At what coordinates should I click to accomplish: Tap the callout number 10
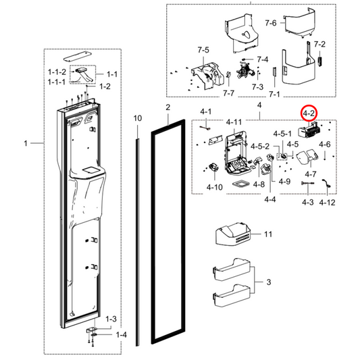tap(138, 119)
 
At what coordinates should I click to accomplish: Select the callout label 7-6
tap(270, 24)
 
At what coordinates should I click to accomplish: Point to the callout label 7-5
tap(203, 49)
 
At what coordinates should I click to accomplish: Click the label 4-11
tap(234, 122)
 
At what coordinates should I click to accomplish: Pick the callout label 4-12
tap(328, 203)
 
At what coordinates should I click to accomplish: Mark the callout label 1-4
tap(121, 335)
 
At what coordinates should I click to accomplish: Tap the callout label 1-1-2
tap(57, 72)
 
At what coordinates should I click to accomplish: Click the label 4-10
tap(214, 186)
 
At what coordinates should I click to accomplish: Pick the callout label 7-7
tap(228, 93)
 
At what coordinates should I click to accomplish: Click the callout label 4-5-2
tap(260, 147)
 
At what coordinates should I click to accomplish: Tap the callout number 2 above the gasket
tap(168, 108)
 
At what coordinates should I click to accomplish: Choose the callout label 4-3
tap(307, 203)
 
